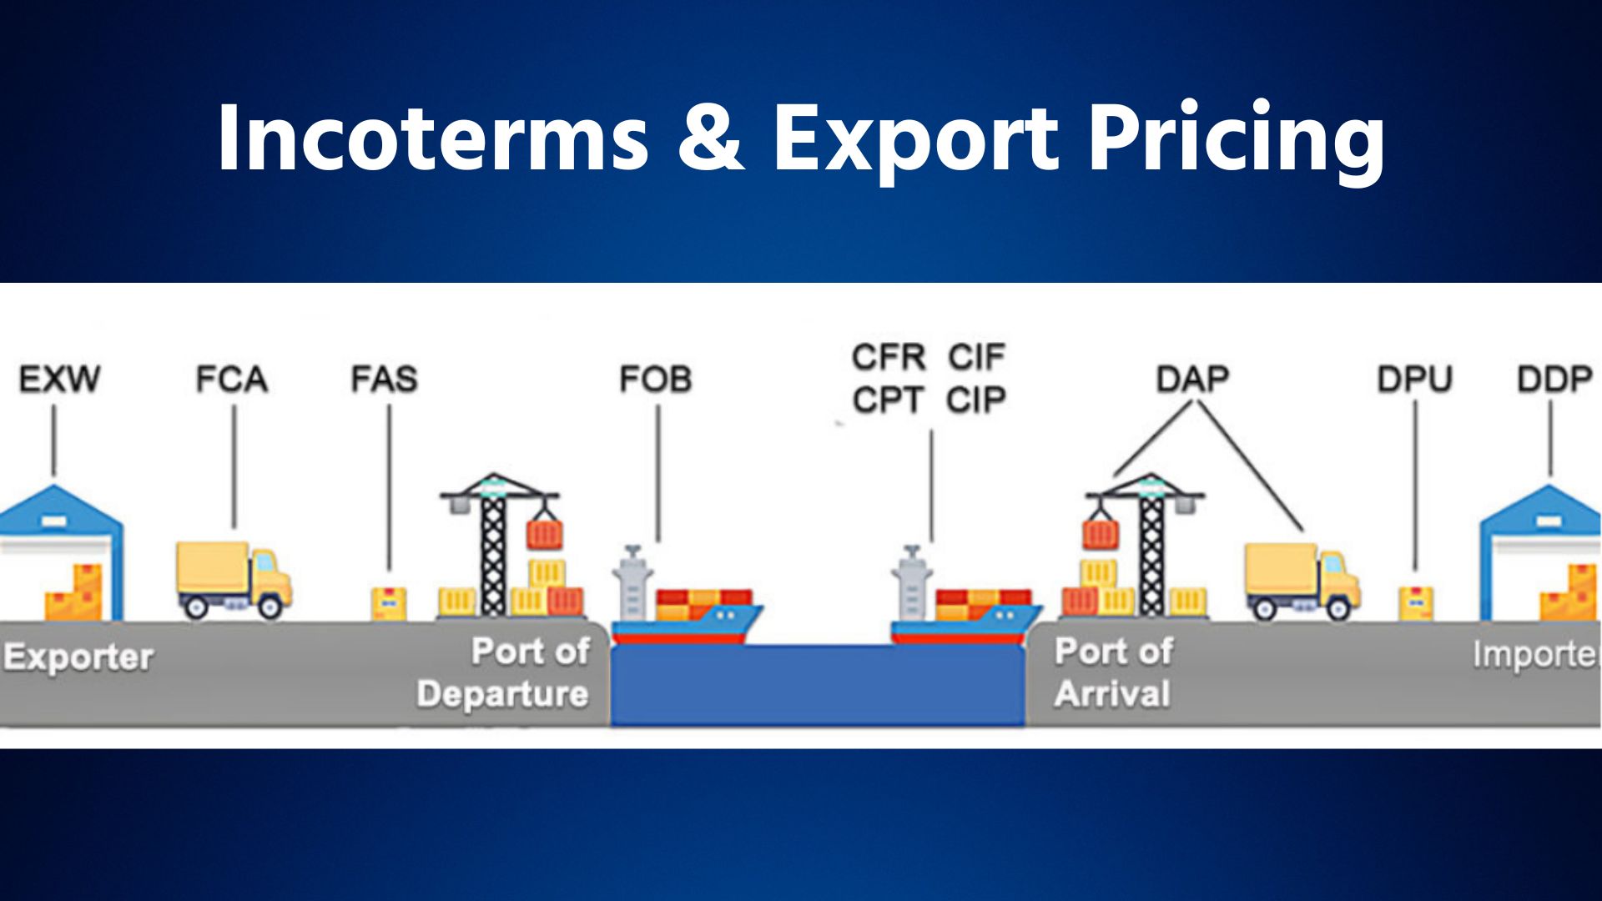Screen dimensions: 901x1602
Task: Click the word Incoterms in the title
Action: [x=432, y=138]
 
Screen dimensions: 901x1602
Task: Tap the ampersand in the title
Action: [x=710, y=138]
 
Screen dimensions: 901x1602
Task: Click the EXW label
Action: [x=59, y=380]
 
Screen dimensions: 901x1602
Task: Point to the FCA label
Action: [x=232, y=380]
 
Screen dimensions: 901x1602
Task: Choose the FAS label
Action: [x=384, y=380]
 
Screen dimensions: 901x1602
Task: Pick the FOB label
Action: [x=656, y=380]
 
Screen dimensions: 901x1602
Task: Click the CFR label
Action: [x=889, y=358]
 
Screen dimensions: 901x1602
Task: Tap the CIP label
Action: [x=976, y=401]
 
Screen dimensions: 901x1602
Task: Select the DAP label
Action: [x=1193, y=380]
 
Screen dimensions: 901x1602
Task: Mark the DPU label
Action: [x=1414, y=380]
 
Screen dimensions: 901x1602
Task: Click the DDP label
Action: [x=1554, y=380]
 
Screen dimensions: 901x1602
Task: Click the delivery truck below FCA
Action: [x=234, y=580]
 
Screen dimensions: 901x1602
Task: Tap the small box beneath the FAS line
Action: [x=389, y=602]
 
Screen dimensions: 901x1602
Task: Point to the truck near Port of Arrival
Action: [x=1302, y=581]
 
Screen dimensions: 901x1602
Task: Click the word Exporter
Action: [x=78, y=657]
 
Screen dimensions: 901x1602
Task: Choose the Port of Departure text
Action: [x=505, y=672]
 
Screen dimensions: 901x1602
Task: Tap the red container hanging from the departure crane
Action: [x=545, y=535]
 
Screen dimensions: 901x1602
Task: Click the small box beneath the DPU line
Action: [x=1416, y=602]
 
